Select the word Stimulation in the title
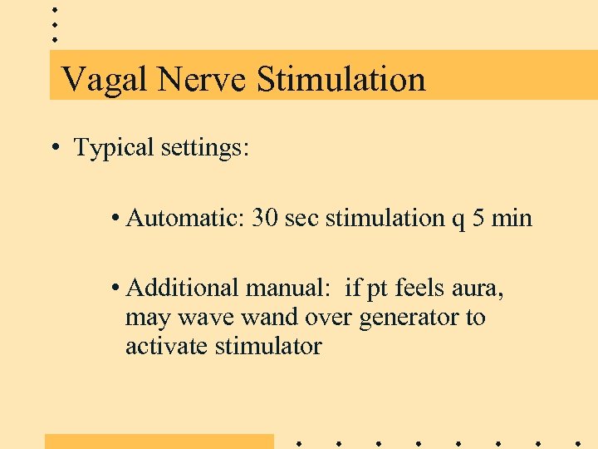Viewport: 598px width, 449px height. [x=341, y=80]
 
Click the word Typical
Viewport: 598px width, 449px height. [x=114, y=148]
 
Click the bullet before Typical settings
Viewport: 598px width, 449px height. [x=54, y=148]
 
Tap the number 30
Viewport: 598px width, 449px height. [x=265, y=218]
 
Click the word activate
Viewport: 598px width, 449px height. [x=167, y=346]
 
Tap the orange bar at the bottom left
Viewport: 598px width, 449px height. [x=159, y=441]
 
